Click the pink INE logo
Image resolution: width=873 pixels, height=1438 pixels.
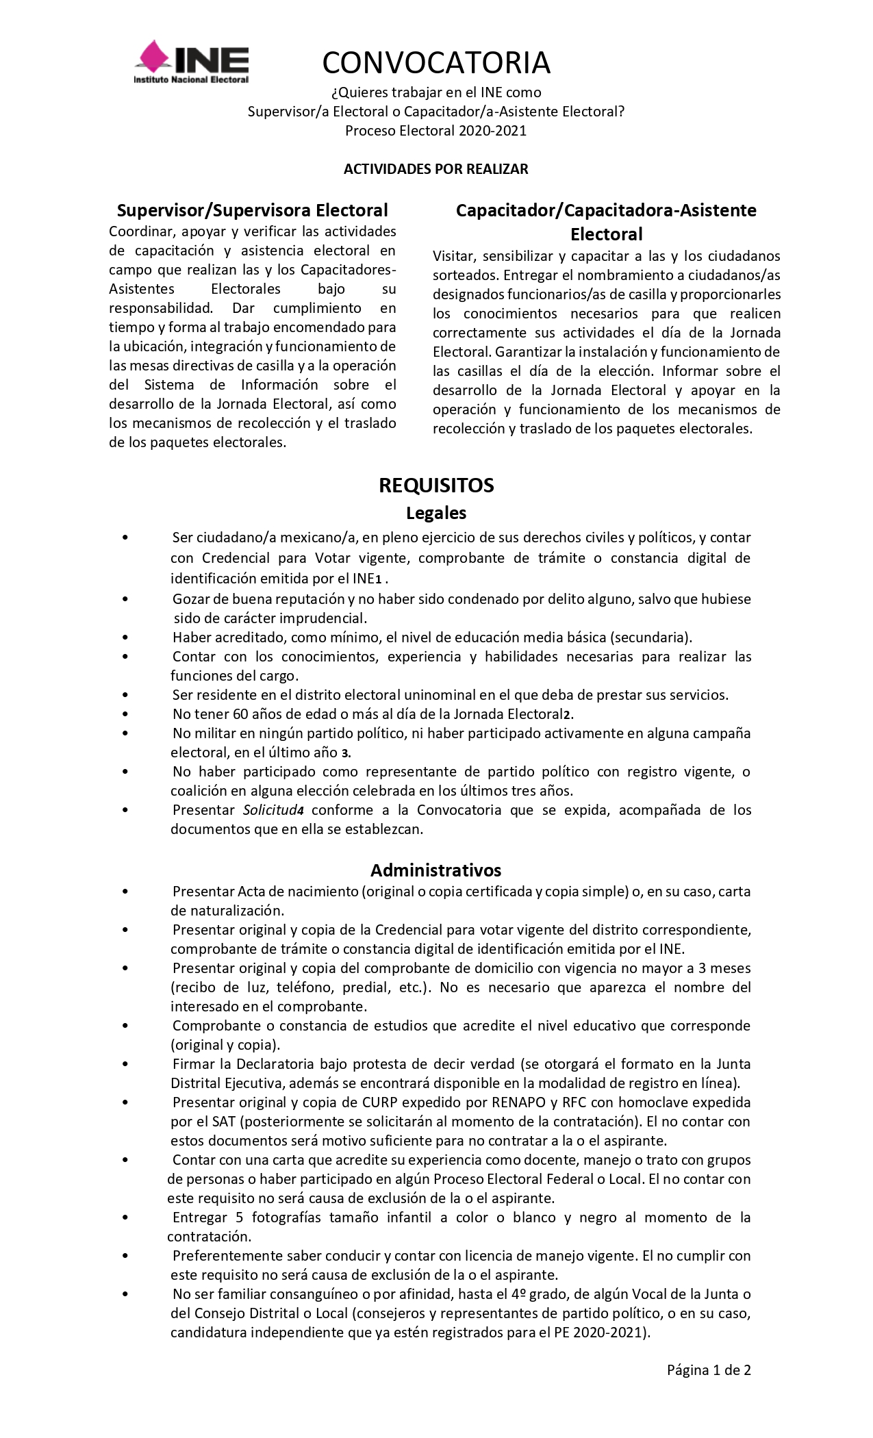(191, 62)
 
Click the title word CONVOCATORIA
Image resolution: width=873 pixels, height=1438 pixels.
(436, 63)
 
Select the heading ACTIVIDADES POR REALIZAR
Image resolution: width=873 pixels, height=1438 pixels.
(435, 169)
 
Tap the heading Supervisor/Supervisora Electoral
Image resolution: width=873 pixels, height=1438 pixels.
(252, 210)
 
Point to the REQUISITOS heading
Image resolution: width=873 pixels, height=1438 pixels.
(436, 485)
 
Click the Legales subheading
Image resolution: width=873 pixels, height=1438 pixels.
(436, 513)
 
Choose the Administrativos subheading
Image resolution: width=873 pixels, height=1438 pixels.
(436, 870)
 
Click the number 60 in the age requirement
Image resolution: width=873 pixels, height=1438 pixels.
(240, 714)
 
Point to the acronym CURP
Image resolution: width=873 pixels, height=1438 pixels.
(380, 1102)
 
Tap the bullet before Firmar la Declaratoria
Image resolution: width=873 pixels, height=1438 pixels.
(125, 1065)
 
